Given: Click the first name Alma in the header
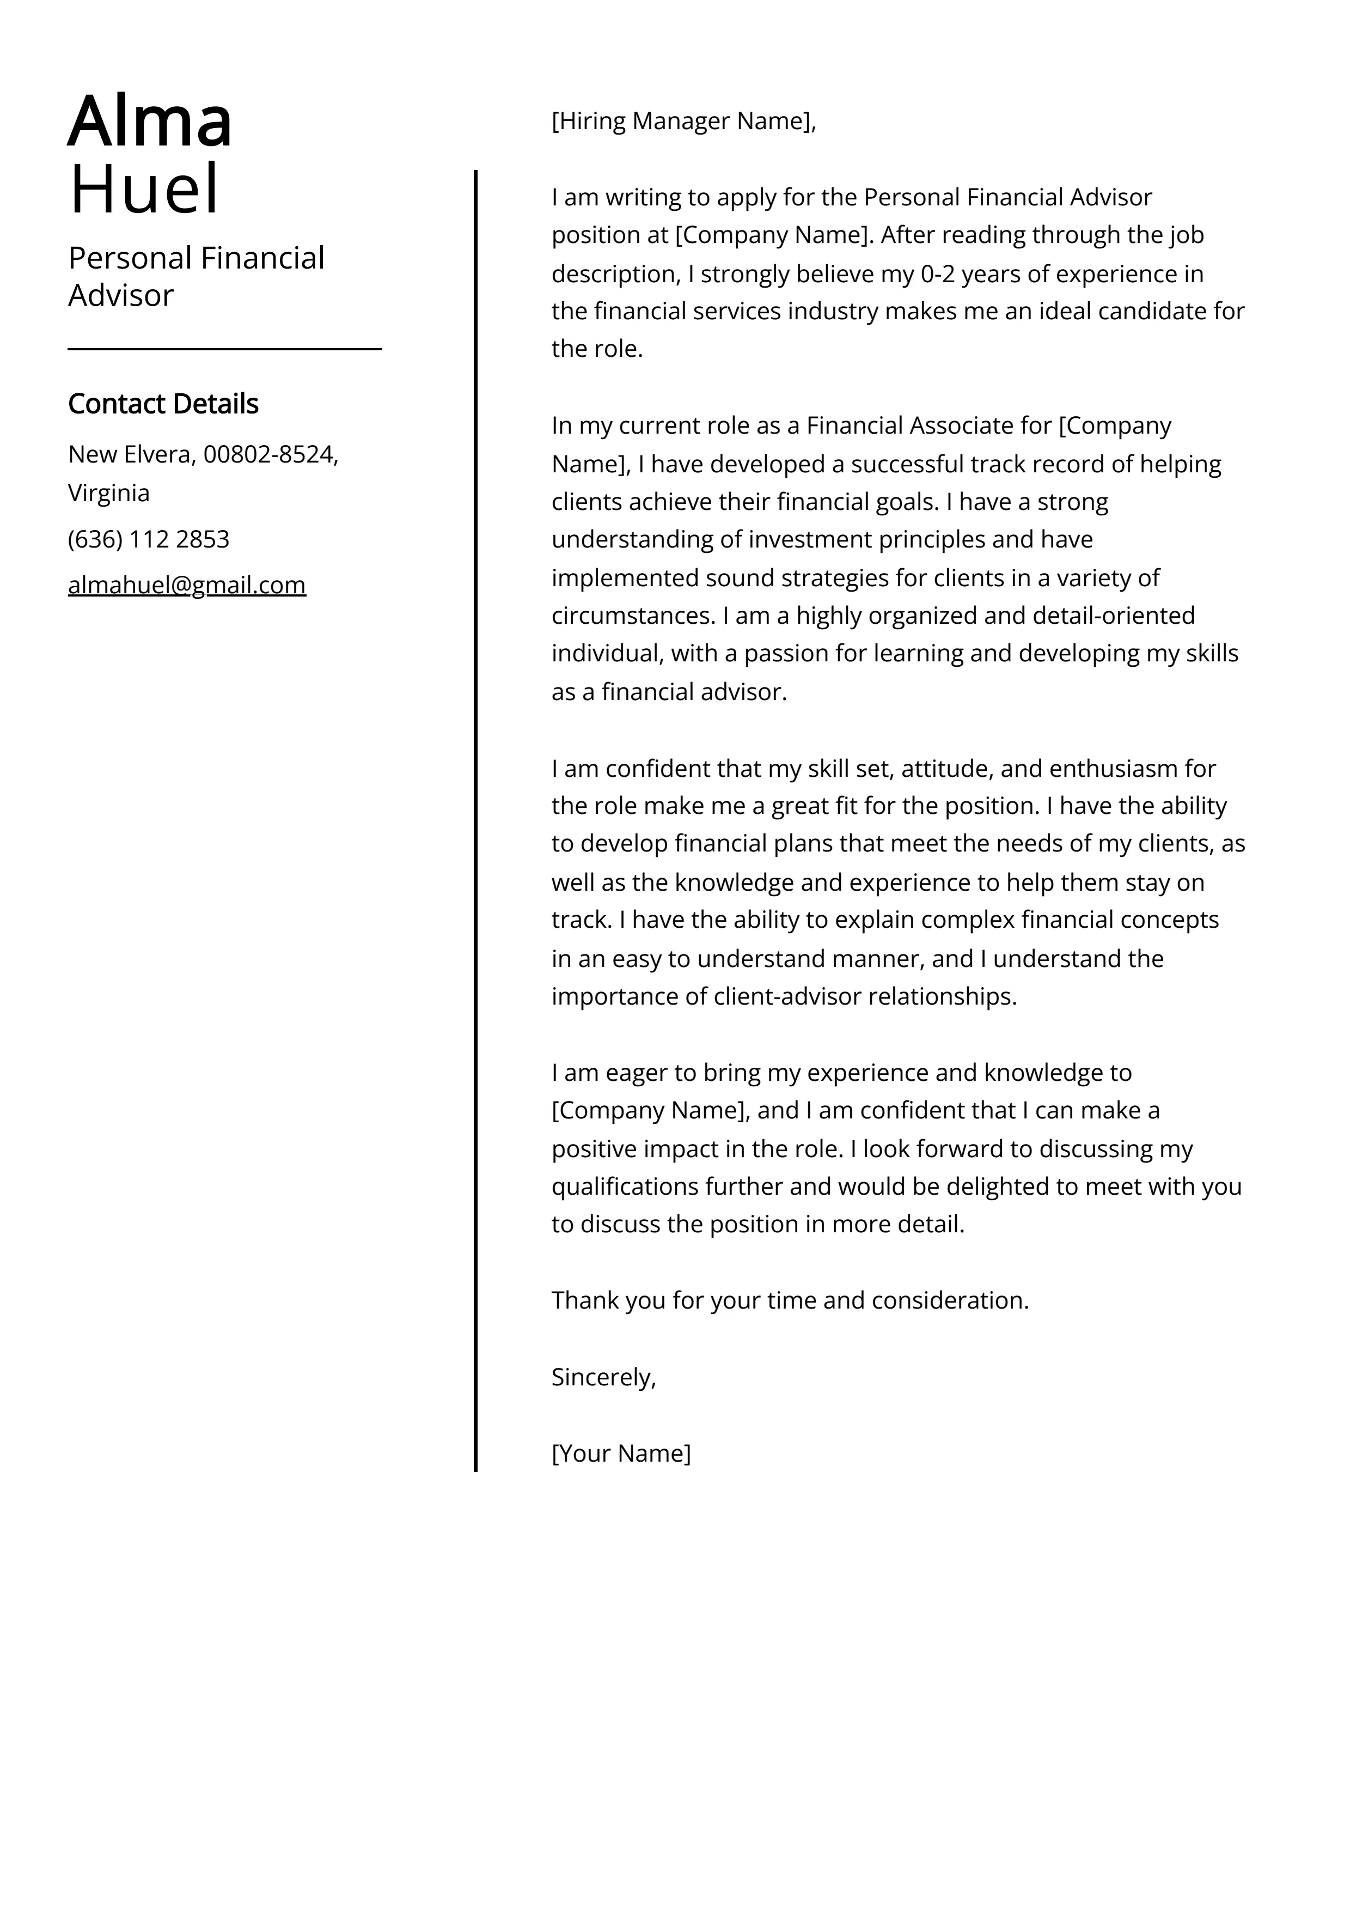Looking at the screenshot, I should point(150,122).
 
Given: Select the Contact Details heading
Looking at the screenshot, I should point(163,404).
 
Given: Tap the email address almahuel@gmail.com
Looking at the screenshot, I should point(187,586).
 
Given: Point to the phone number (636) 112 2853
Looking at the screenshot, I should point(149,540).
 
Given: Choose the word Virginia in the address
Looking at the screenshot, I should point(109,494).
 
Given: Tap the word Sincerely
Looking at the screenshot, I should point(603,1378).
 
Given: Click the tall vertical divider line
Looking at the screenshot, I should point(476,832).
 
